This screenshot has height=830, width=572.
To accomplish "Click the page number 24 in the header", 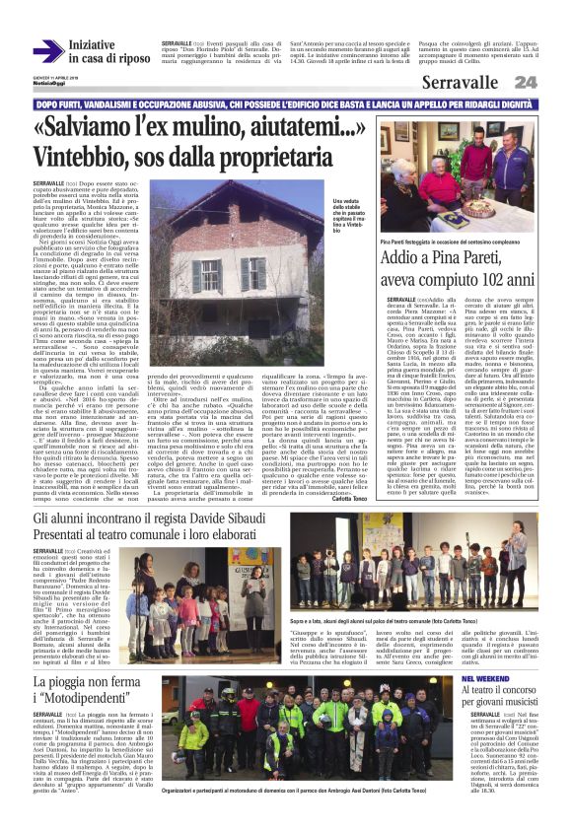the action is [x=553, y=82].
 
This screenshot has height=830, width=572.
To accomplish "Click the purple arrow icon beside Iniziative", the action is [x=47, y=51].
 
